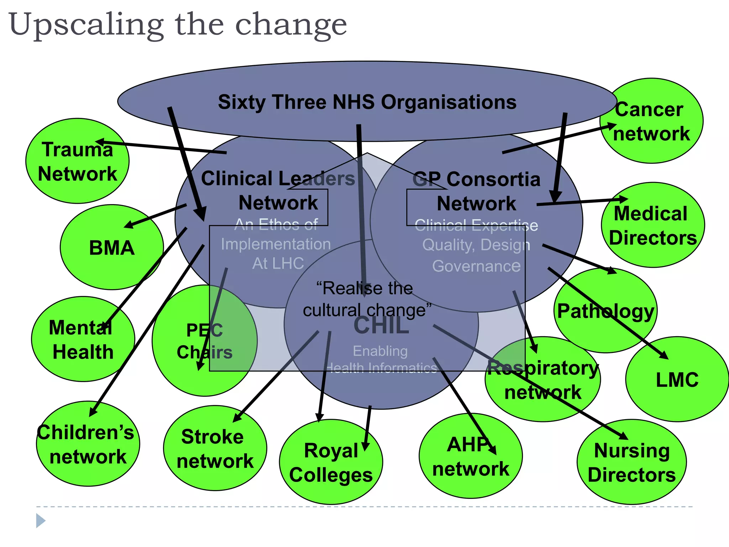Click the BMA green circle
click(x=111, y=247)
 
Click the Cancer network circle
click(x=651, y=121)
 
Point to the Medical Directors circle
click(x=653, y=225)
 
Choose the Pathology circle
click(x=605, y=311)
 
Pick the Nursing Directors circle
click(x=631, y=462)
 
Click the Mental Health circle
click(x=83, y=339)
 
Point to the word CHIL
click(x=381, y=326)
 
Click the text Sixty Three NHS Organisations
click(x=367, y=102)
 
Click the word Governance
click(x=476, y=266)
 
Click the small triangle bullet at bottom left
click(x=40, y=521)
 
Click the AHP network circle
click(x=471, y=456)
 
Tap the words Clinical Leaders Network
click(x=278, y=190)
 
